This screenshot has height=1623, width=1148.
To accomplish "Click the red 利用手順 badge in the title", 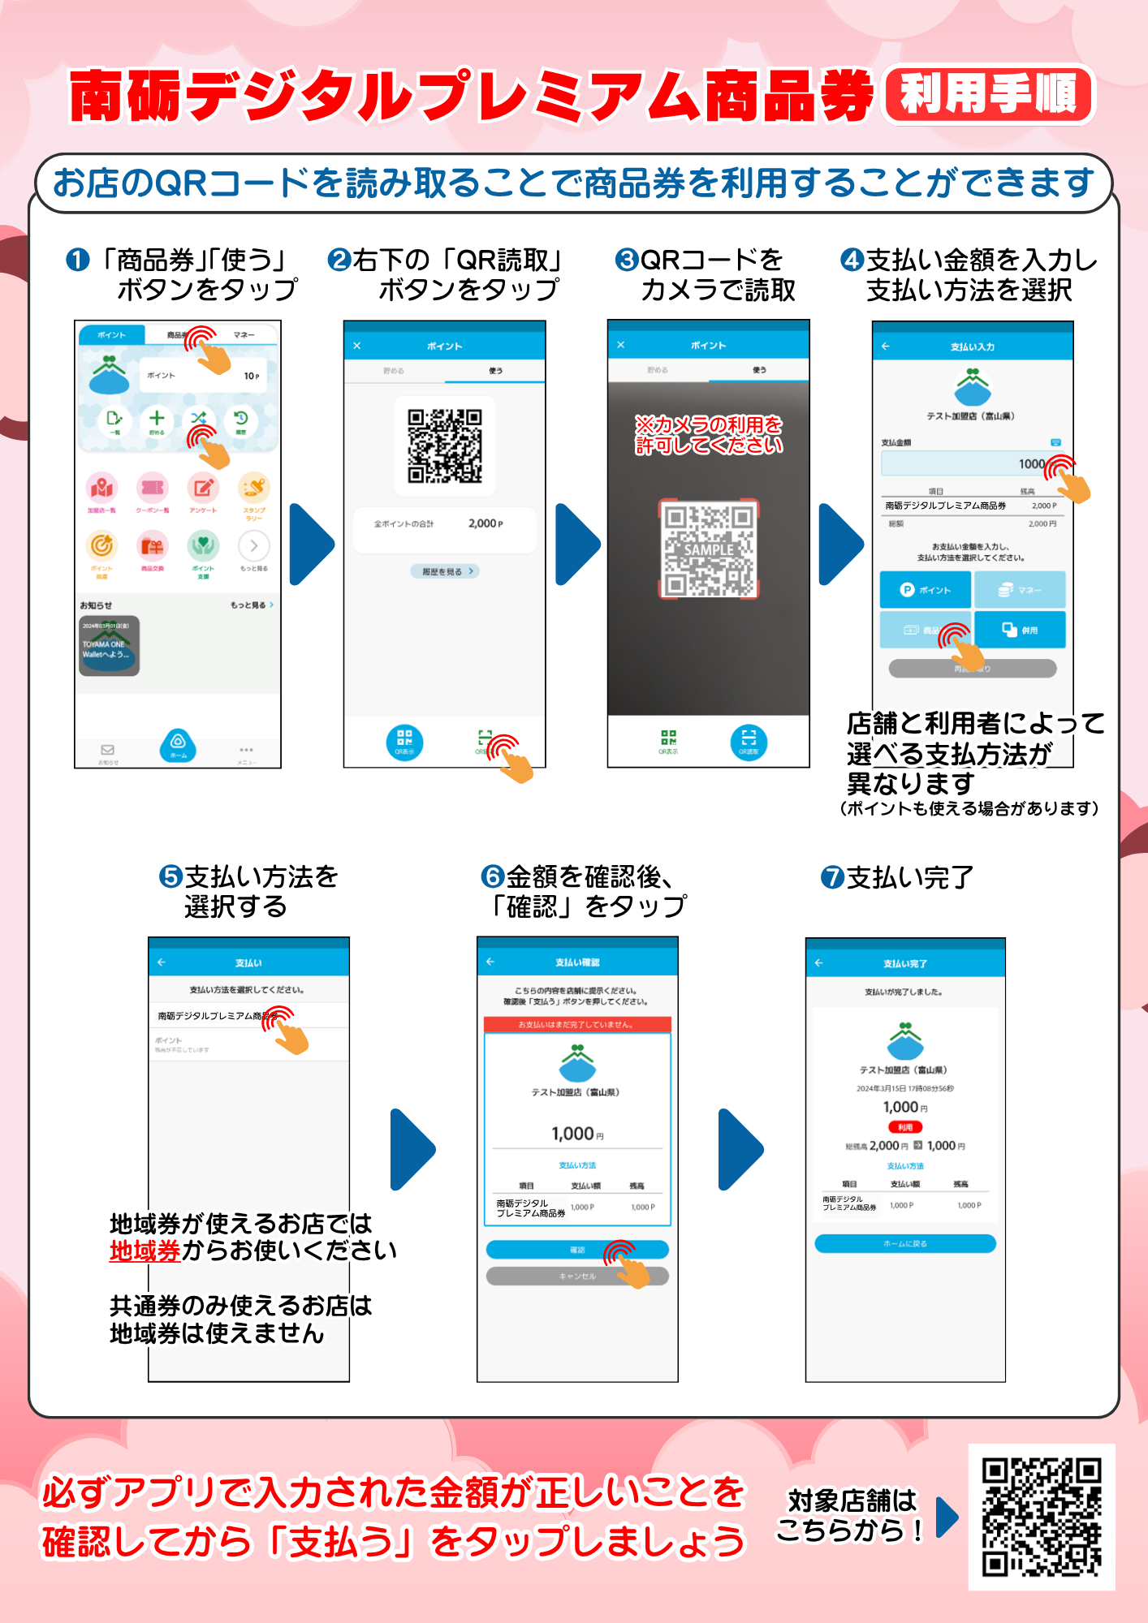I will [x=989, y=94].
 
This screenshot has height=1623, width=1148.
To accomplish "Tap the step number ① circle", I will [x=78, y=260].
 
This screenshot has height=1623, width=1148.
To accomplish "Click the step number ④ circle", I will [x=852, y=260].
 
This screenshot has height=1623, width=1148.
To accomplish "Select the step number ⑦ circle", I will [x=832, y=877].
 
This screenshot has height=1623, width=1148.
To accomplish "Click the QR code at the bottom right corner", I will [x=1042, y=1517].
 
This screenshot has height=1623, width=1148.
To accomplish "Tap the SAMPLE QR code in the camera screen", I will [x=709, y=549].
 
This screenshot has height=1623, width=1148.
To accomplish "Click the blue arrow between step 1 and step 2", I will [x=312, y=545].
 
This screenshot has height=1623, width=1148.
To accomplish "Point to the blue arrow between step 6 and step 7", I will [x=740, y=1149].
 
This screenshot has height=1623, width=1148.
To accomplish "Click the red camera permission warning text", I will [x=709, y=435].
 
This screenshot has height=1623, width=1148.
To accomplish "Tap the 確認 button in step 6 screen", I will [x=577, y=1250].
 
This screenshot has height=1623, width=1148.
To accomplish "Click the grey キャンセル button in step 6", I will [x=577, y=1276].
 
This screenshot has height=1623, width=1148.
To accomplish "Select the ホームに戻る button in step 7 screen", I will [x=905, y=1243].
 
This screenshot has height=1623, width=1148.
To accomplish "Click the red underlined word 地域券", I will [x=145, y=1251].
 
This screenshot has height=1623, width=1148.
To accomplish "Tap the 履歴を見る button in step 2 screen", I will [x=444, y=571].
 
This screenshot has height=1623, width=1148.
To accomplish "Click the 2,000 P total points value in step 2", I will [x=485, y=524].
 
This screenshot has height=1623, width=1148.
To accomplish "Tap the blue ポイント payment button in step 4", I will [x=926, y=590].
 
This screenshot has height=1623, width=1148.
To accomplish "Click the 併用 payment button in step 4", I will [x=1020, y=630].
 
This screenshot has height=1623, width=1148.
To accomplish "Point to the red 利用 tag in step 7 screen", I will [x=905, y=1127].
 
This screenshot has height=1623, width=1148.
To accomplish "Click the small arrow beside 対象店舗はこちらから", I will [x=947, y=1518].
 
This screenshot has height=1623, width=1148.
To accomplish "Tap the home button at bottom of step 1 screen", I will [x=178, y=744].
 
